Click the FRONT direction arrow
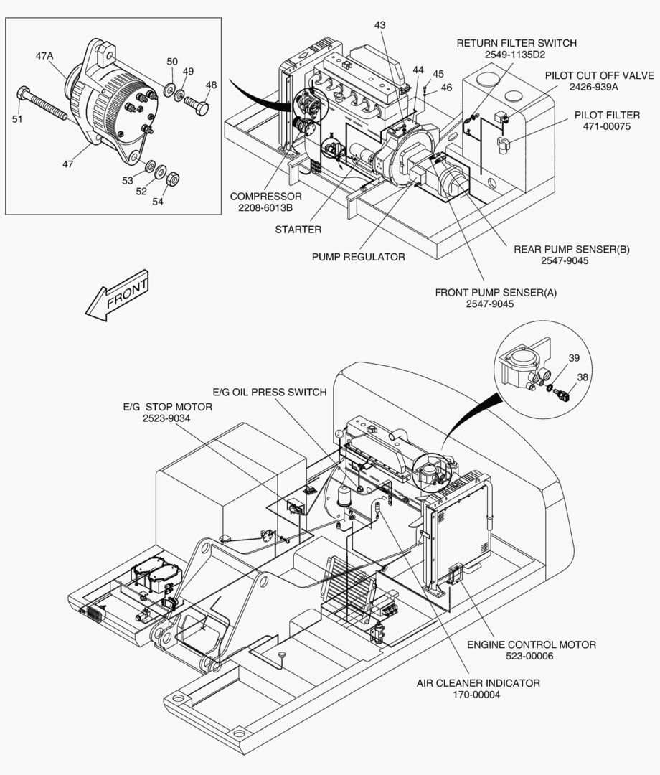click(118, 296)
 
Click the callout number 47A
click(44, 57)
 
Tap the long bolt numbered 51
click(42, 104)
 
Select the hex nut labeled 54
click(172, 179)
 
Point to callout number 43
click(380, 24)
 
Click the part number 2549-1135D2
click(515, 55)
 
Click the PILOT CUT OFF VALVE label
click(599, 75)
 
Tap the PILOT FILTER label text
click(607, 115)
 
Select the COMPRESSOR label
click(265, 196)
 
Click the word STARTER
click(298, 230)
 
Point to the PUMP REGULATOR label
click(358, 257)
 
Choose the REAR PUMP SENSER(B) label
click(572, 249)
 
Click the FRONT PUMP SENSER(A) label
click(496, 293)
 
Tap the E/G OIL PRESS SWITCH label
click(270, 392)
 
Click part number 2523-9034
click(166, 418)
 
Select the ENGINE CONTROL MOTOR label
click(532, 644)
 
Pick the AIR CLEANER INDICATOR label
click(478, 683)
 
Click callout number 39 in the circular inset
click(573, 358)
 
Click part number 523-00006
click(529, 657)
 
